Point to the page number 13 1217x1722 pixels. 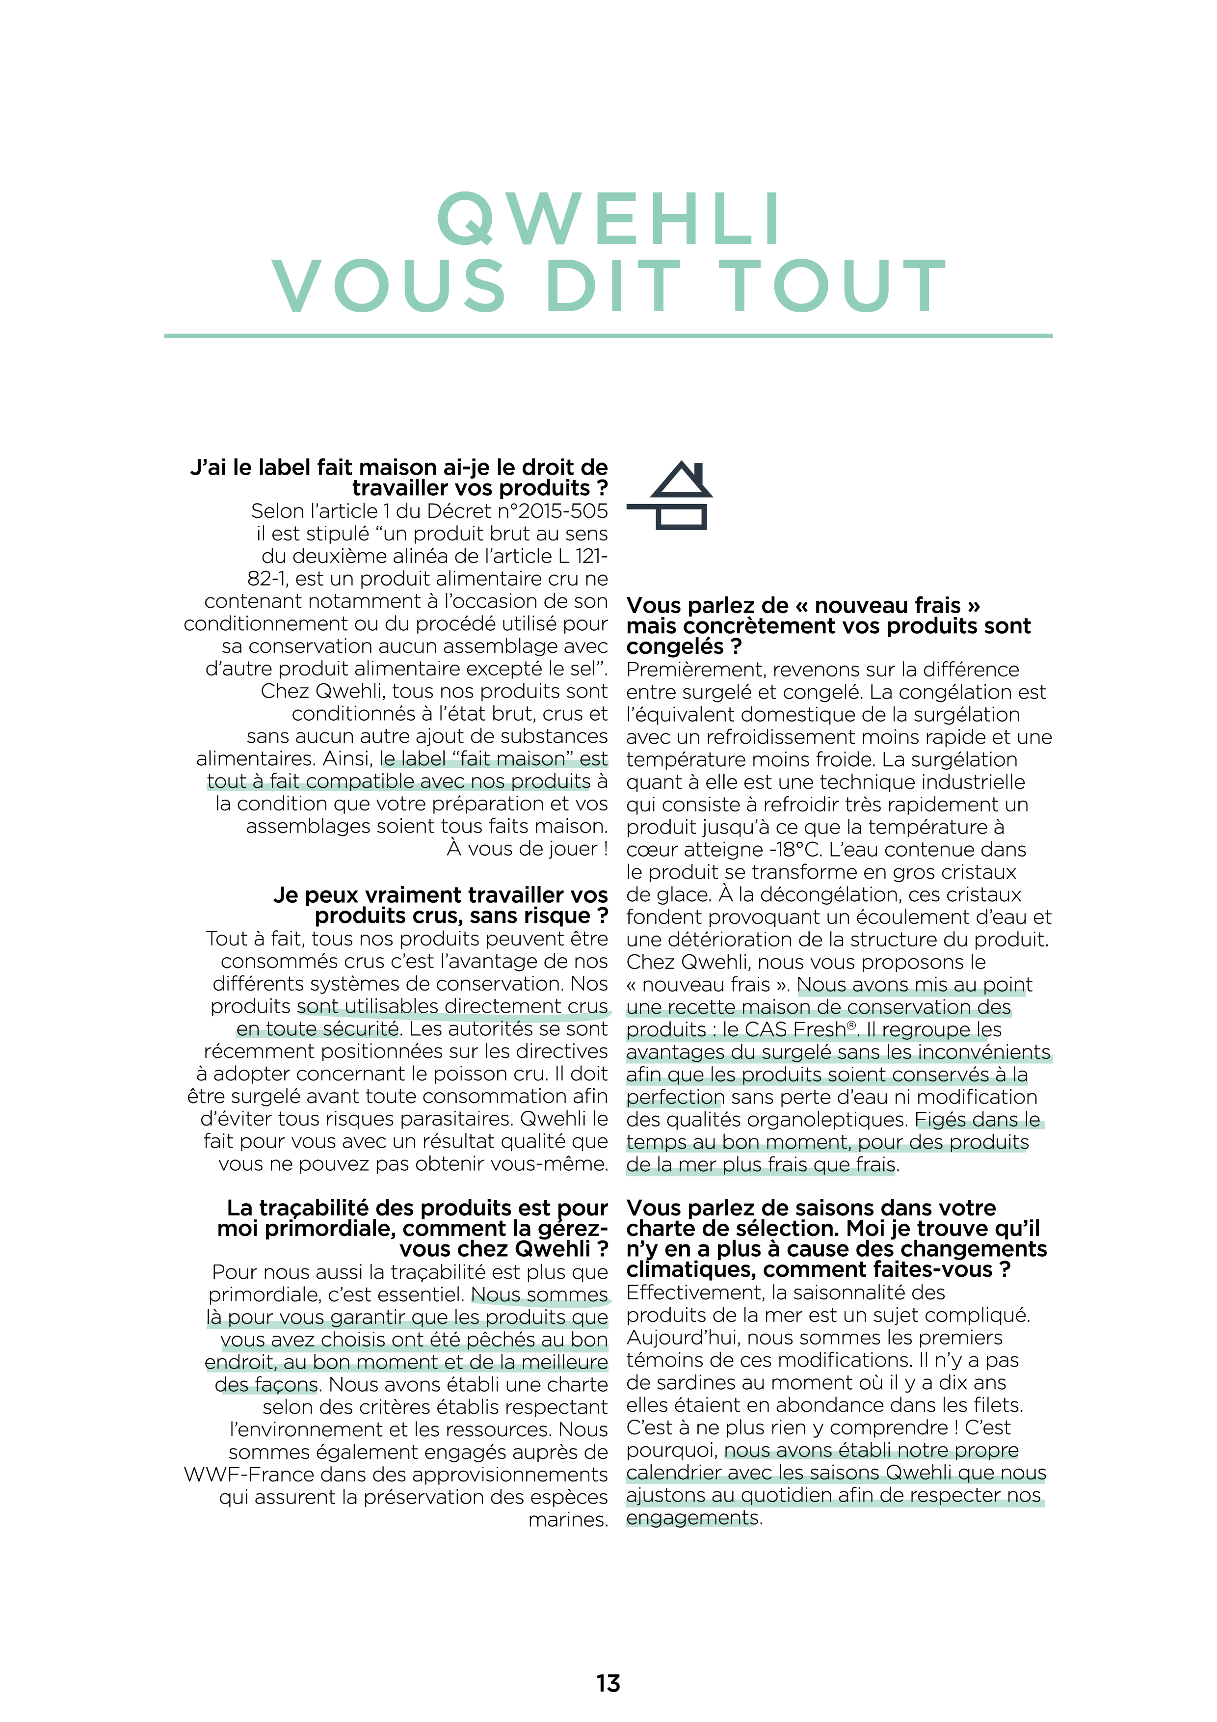click(608, 1683)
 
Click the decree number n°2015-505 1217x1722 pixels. click(556, 511)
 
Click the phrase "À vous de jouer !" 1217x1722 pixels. click(527, 849)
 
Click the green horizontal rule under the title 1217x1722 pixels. click(608, 336)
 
